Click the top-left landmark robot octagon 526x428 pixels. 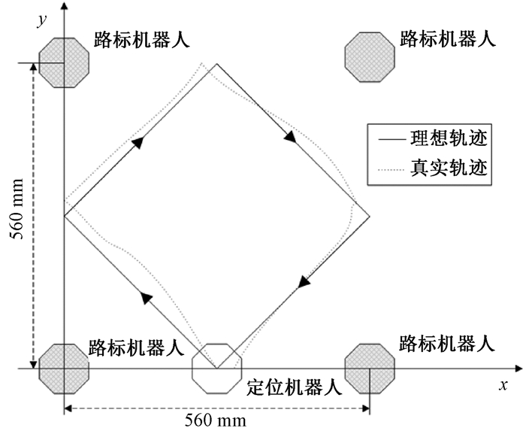[x=65, y=62]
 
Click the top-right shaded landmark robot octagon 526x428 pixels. [x=370, y=55]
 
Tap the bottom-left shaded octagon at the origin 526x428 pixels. [x=65, y=368]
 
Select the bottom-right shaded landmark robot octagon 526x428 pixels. [x=369, y=368]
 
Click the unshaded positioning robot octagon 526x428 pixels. [x=216, y=368]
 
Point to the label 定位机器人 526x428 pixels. [x=294, y=388]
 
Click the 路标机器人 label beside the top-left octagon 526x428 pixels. [x=141, y=39]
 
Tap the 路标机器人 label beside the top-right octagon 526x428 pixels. [x=447, y=39]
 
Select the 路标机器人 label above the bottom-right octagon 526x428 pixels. [x=447, y=345]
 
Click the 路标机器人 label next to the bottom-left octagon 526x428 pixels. [x=136, y=348]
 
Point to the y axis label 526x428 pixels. [x=42, y=20]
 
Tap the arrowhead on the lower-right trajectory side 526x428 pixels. [x=304, y=282]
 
